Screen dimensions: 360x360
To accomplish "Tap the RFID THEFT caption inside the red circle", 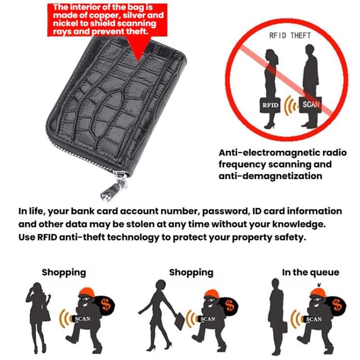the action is point(290,36).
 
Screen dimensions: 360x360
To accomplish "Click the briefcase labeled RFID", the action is point(270,105).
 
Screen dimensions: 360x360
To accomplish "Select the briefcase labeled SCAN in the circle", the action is point(311,105).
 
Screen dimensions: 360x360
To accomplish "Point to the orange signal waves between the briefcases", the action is point(291,106).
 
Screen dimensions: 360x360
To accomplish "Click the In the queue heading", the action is point(311,272).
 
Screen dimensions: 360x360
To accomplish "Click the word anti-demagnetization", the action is point(270,176).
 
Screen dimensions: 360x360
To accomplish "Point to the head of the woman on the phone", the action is point(37,288).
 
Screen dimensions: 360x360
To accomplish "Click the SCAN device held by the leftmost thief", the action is point(82,319).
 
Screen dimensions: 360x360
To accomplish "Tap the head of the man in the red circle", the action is point(310,50).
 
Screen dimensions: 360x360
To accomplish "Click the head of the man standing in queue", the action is point(276,284).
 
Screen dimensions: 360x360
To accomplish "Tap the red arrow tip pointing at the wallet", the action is point(138,61).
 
